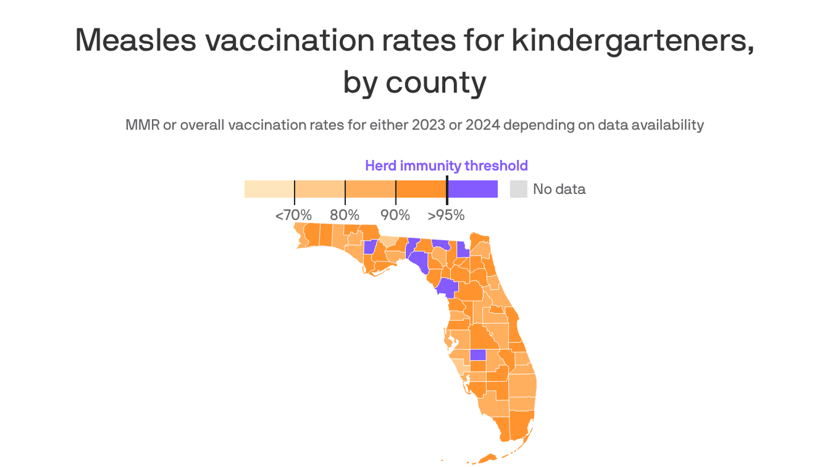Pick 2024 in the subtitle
click(x=482, y=125)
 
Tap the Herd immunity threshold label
click(x=446, y=165)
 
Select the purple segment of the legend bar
click(x=473, y=189)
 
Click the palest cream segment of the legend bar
click(x=269, y=189)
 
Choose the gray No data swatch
click(x=518, y=189)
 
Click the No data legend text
click(x=559, y=189)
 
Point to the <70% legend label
click(x=293, y=215)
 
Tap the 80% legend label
click(x=345, y=215)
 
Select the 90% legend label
click(x=396, y=215)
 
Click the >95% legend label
click(x=446, y=215)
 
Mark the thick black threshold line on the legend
click(x=447, y=190)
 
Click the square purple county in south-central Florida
click(x=478, y=355)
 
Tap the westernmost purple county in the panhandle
click(x=369, y=247)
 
